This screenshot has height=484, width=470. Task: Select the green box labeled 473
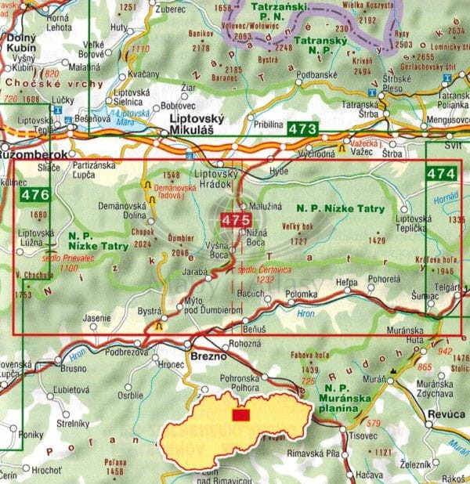302,129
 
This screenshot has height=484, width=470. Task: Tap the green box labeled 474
440,172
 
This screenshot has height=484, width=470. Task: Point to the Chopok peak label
140,233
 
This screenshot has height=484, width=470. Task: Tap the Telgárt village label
447,288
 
